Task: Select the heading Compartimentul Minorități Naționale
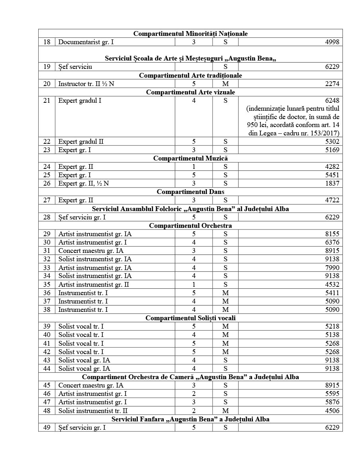190,33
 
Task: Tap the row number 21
47,100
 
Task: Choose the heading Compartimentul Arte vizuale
190,92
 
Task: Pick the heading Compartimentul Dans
190,192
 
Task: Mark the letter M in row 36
225,293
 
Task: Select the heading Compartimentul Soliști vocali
190,318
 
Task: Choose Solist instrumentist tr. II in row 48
93,411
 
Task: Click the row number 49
47,427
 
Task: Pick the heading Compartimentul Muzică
190,158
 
